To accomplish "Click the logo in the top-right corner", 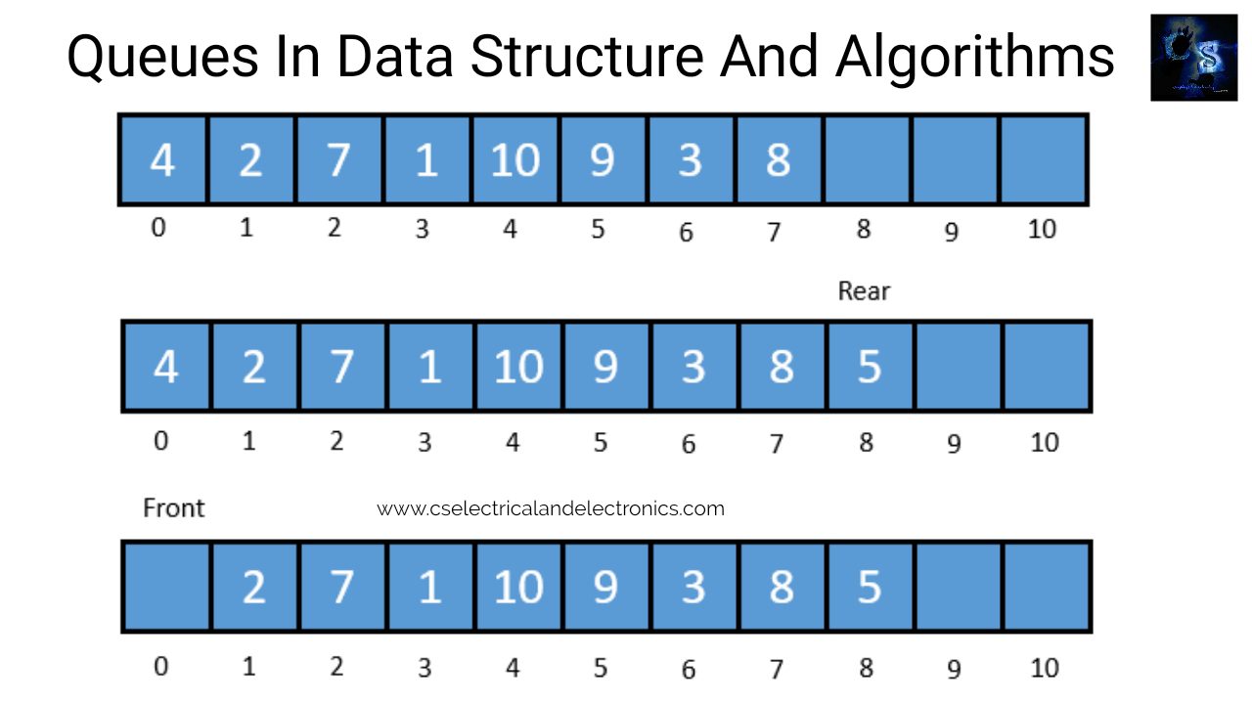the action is click(x=1194, y=58).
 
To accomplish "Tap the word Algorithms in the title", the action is click(x=974, y=58).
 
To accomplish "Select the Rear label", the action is click(x=864, y=291).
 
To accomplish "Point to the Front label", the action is click(x=174, y=508).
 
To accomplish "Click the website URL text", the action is click(x=551, y=508).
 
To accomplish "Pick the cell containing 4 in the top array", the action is click(x=162, y=159).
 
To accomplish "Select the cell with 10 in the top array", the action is click(x=515, y=159).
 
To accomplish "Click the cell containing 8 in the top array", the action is click(x=779, y=159).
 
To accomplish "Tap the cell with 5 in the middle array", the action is click(x=870, y=367).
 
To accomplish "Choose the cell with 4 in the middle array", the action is click(x=166, y=367).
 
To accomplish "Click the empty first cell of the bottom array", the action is click(x=166, y=587).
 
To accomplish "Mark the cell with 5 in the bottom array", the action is click(x=870, y=587).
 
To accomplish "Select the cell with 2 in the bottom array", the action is click(x=253, y=587).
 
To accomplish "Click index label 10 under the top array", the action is click(x=1043, y=231).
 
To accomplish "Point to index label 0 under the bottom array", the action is click(x=161, y=667).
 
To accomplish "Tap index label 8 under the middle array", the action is click(x=866, y=442).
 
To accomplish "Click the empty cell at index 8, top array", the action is click(x=867, y=159).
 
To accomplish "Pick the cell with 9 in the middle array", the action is click(x=605, y=367).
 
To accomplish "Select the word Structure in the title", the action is click(x=586, y=58).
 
